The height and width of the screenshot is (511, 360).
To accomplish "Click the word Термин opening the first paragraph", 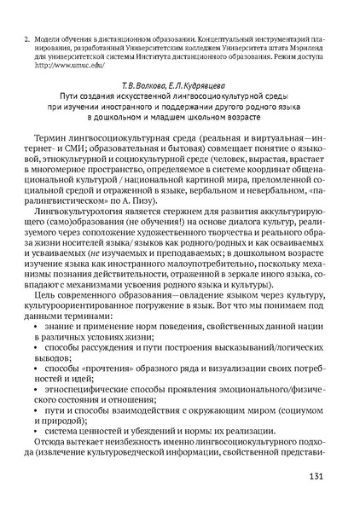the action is click(x=55, y=136).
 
